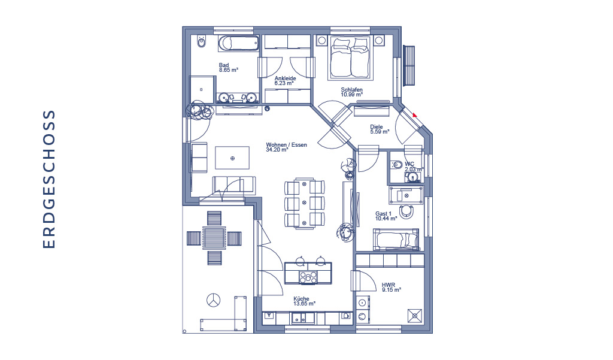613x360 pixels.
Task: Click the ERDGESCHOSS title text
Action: pyautogui.click(x=49, y=179)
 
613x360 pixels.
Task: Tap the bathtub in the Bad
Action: pyautogui.click(x=238, y=43)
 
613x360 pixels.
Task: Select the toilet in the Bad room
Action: pyautogui.click(x=201, y=41)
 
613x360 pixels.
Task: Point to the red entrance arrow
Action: pyautogui.click(x=414, y=115)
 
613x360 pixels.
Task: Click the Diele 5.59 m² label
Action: pyautogui.click(x=379, y=129)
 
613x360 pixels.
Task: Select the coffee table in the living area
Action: pyautogui.click(x=232, y=158)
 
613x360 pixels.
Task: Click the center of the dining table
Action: pyautogui.click(x=304, y=203)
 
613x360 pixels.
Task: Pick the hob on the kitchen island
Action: pyautogui.click(x=308, y=277)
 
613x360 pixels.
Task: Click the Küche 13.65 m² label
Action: pyautogui.click(x=304, y=301)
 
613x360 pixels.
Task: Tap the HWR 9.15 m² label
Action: pyautogui.click(x=392, y=288)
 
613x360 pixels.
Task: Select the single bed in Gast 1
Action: pyautogui.click(x=396, y=239)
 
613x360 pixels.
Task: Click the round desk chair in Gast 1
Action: pyautogui.click(x=406, y=211)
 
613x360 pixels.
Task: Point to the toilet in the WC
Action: pyautogui.click(x=396, y=165)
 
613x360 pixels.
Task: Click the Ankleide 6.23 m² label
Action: pyautogui.click(x=285, y=81)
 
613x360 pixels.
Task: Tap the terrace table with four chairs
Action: pyautogui.click(x=214, y=238)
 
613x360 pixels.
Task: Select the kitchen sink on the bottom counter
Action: pyautogui.click(x=302, y=317)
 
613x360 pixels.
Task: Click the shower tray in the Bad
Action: pyautogui.click(x=202, y=90)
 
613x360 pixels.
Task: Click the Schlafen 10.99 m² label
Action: pyautogui.click(x=352, y=92)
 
